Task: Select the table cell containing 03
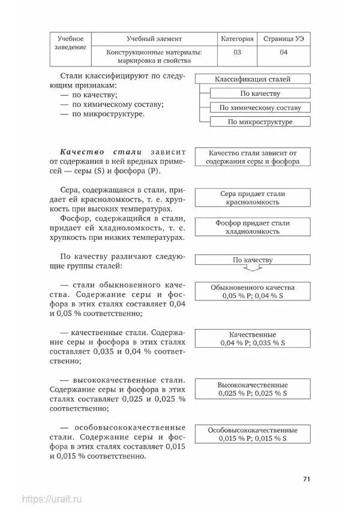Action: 237,53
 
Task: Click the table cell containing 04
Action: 284,53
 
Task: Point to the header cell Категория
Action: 237,38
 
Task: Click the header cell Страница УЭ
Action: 284,38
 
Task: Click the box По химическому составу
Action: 260,108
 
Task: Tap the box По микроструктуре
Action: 260,122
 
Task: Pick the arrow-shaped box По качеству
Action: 252,260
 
